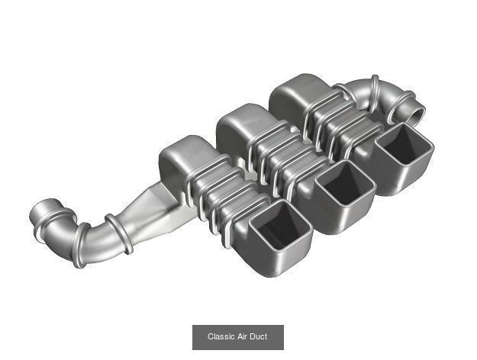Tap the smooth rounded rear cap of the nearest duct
(183, 157)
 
